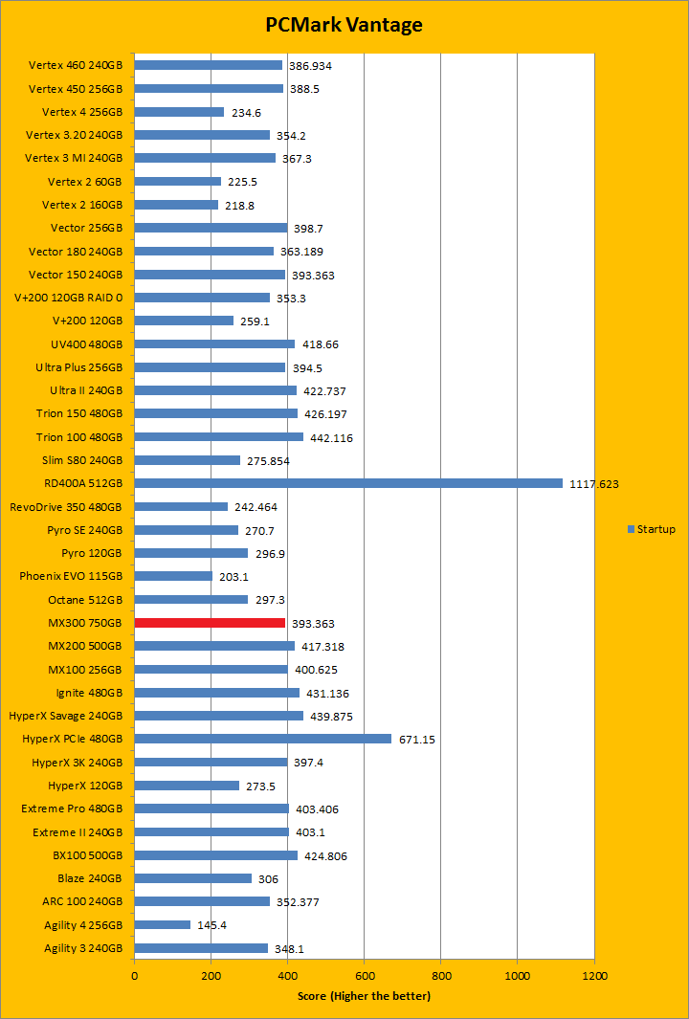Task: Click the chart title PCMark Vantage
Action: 344,25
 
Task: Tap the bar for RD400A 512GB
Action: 348,483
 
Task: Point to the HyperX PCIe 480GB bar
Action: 263,739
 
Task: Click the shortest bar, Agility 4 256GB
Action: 163,924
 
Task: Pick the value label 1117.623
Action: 594,484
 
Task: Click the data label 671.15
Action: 416,740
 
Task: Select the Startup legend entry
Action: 652,529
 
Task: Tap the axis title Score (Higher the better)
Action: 364,996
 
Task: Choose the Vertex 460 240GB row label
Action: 76,65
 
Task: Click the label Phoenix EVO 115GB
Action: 71,576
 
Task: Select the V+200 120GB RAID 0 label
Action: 69,298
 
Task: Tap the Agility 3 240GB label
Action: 83,948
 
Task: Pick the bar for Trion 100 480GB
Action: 219,436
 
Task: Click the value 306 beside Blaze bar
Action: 268,879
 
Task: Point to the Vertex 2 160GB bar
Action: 176,205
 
